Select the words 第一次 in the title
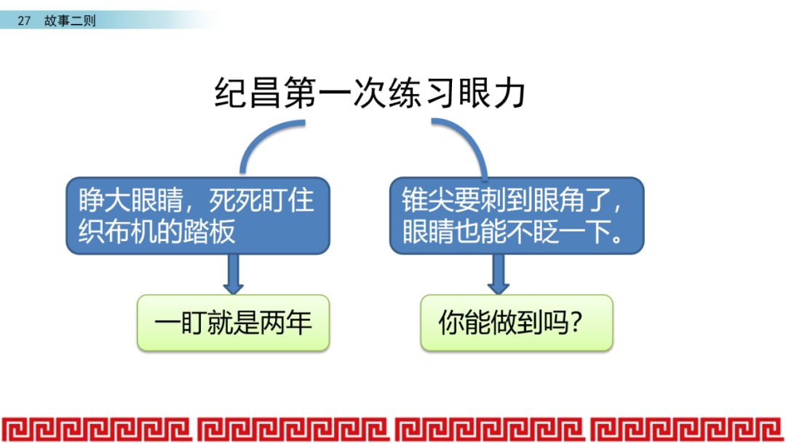[x=334, y=95]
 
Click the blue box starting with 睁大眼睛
[x=198, y=216]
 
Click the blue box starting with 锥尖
[x=517, y=216]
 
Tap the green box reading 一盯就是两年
[x=233, y=323]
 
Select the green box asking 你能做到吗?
[x=517, y=323]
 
